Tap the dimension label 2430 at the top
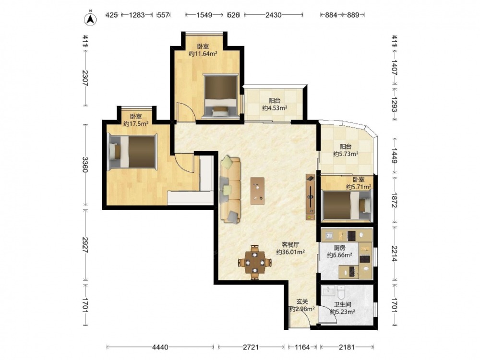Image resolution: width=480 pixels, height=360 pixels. point(273,15)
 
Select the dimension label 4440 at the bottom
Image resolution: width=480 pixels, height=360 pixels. point(160,347)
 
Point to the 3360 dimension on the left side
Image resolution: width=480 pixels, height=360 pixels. point(85,165)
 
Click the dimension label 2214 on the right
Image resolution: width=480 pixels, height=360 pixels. point(394,254)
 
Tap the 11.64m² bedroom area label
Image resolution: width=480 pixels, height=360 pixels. point(203,54)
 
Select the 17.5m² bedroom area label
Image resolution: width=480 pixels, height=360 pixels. point(136,124)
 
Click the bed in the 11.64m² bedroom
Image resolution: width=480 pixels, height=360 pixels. point(221,96)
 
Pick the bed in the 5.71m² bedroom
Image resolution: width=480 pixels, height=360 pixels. point(347,205)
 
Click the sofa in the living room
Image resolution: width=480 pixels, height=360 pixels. point(230,190)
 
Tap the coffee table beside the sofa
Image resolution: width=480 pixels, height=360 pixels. point(257,191)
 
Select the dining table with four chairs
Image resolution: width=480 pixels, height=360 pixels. point(254,263)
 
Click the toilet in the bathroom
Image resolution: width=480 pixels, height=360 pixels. point(341,292)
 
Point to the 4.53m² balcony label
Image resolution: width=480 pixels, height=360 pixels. point(275,108)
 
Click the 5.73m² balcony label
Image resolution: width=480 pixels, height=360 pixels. point(346,154)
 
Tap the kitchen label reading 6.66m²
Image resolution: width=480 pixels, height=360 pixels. point(339,255)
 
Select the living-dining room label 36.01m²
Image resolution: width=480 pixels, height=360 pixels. point(290,252)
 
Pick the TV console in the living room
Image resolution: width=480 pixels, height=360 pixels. point(311,197)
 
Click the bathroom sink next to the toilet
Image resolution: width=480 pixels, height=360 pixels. point(328,290)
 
